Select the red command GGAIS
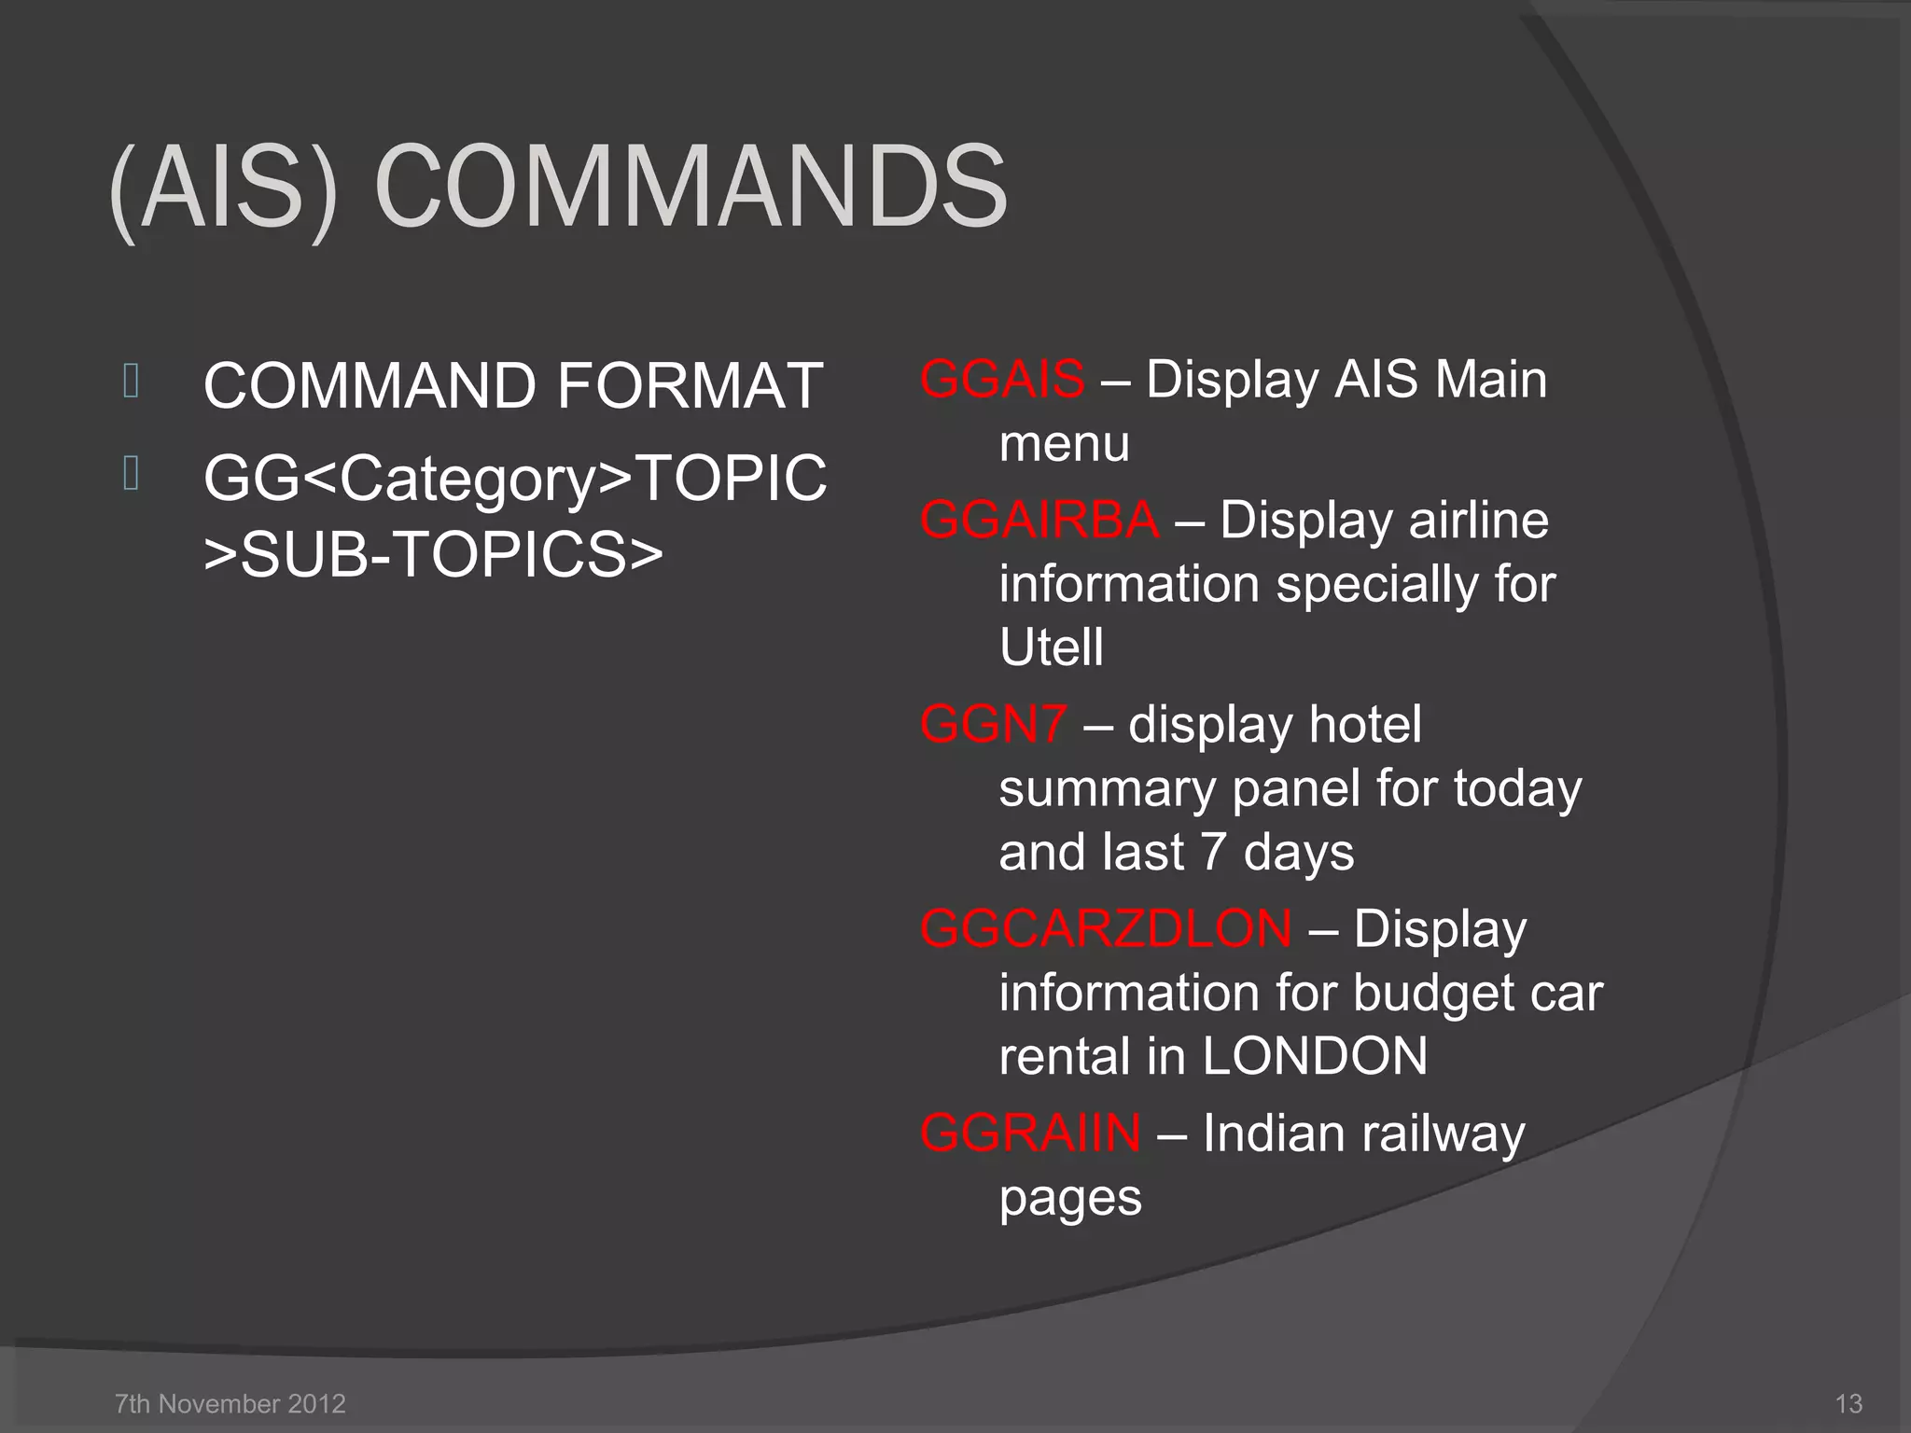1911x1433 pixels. point(1002,380)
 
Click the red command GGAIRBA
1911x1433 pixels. point(1039,521)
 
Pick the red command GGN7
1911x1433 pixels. point(993,725)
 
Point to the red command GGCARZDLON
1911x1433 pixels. point(1106,929)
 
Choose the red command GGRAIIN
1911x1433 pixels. point(1030,1134)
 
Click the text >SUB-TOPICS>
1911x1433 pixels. point(433,554)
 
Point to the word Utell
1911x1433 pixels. point(1051,647)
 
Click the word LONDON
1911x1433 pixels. point(1314,1056)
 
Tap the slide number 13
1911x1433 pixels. point(1848,1403)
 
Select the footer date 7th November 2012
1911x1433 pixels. point(230,1403)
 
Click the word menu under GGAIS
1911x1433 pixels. point(1064,444)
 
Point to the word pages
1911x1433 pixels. point(1069,1199)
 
